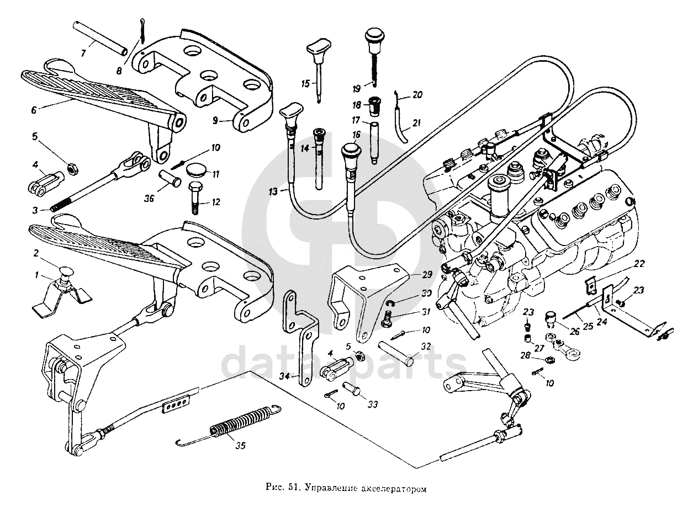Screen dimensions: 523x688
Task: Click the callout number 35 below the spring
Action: coord(241,446)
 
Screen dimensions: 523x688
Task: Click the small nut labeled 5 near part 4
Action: coord(71,168)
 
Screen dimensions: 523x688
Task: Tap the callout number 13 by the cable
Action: coord(273,191)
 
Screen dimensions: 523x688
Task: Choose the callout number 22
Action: coord(638,264)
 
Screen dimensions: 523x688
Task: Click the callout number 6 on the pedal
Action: coord(34,110)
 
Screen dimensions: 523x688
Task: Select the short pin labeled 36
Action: coord(167,179)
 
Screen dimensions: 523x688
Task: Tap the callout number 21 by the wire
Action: coord(417,122)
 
